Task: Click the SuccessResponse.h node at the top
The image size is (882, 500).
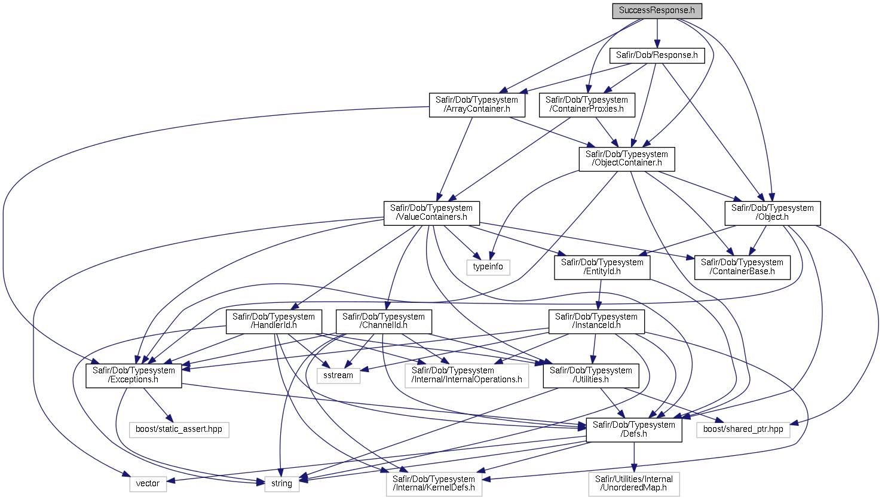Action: click(x=657, y=11)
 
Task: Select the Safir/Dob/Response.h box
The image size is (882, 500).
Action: click(x=657, y=56)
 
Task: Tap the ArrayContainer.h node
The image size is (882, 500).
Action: click(x=477, y=105)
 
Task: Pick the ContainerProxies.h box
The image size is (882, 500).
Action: click(x=587, y=105)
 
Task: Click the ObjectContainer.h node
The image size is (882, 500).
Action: click(x=627, y=159)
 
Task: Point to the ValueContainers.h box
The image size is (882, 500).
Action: click(x=431, y=213)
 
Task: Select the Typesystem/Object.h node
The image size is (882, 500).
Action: click(x=773, y=213)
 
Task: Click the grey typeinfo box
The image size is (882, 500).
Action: click(x=488, y=266)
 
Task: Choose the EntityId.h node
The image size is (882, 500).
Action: click(x=602, y=267)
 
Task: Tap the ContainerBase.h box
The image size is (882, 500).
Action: click(x=742, y=267)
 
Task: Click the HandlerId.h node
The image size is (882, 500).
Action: click(x=274, y=321)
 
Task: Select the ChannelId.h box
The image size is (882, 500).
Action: click(x=384, y=321)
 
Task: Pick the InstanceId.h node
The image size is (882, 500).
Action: click(x=596, y=321)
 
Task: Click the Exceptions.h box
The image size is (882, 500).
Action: click(x=133, y=375)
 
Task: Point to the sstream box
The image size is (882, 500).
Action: click(x=338, y=375)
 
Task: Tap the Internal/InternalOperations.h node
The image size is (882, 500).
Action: click(x=467, y=375)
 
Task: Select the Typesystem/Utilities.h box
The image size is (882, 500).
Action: click(x=591, y=375)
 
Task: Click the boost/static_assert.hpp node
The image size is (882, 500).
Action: click(x=179, y=429)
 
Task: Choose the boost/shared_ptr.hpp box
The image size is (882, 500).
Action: click(x=743, y=429)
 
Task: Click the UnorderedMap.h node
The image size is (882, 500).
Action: click(x=634, y=483)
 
